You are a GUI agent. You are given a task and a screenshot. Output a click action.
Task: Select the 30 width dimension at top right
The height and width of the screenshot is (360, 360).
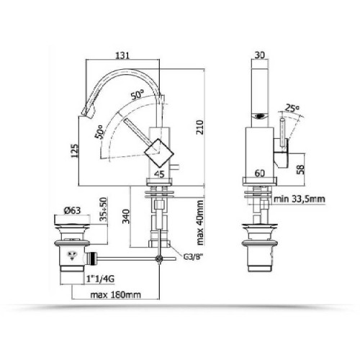tap(261, 54)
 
